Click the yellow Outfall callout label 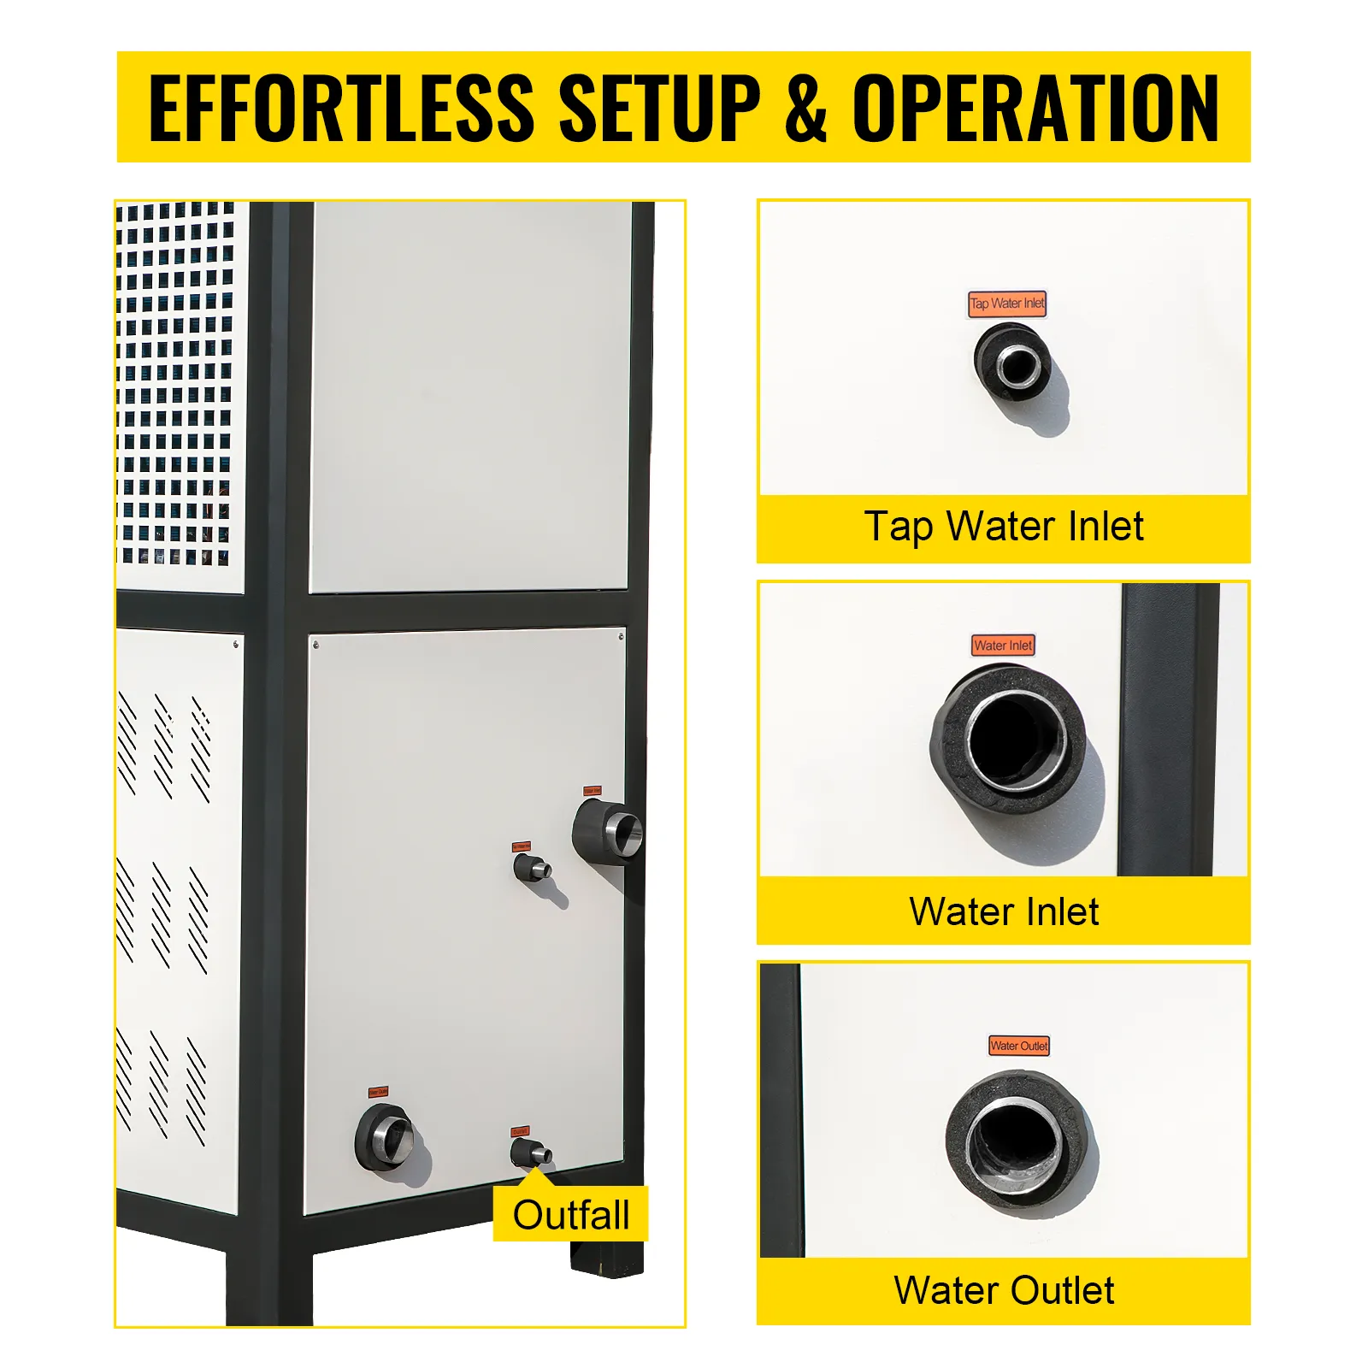570,1214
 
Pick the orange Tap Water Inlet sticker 1007,304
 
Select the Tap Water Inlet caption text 1003,527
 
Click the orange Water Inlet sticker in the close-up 1003,646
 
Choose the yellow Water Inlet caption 1003,911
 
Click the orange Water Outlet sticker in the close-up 1018,1046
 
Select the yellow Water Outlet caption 1003,1291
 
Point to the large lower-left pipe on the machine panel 386,1137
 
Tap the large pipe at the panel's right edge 609,829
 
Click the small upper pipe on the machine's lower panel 533,869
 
